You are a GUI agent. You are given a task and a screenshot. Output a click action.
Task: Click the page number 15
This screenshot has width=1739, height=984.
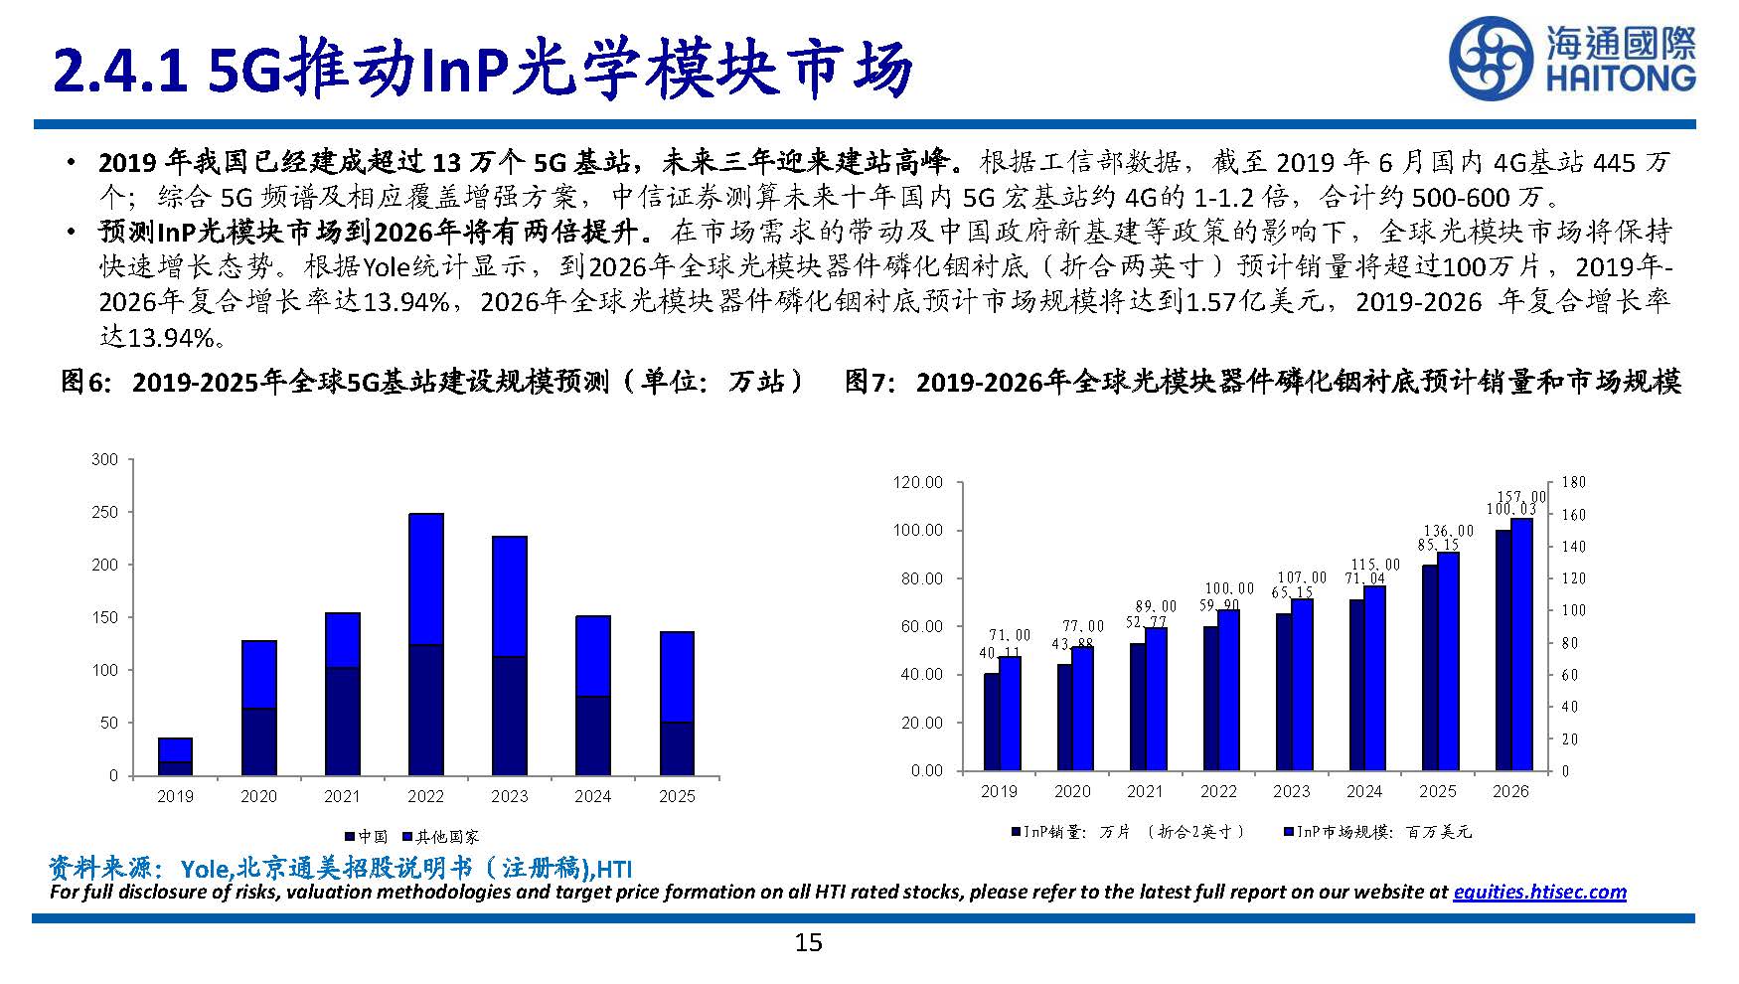point(808,942)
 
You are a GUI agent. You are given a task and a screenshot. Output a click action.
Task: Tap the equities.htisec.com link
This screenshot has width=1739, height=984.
point(1539,892)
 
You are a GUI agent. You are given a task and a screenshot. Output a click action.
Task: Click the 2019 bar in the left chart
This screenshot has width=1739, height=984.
point(175,756)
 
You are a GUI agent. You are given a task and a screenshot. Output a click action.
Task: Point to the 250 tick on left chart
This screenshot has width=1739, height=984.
point(104,512)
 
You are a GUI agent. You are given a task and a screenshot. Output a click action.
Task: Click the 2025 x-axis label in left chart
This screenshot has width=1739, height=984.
point(677,796)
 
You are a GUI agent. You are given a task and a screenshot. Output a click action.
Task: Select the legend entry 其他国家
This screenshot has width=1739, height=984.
point(440,837)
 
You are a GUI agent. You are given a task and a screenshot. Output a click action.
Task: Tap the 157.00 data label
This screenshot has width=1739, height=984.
point(1521,497)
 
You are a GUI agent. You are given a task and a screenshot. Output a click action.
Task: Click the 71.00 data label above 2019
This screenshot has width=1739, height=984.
point(1010,634)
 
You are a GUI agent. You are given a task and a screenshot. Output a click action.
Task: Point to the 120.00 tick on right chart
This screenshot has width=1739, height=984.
point(917,482)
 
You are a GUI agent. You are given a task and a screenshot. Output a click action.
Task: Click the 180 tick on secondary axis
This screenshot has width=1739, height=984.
point(1574,482)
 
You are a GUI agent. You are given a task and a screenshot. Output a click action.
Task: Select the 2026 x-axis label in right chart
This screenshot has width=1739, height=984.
point(1510,791)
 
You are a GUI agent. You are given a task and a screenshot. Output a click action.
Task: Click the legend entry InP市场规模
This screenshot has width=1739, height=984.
point(1376,832)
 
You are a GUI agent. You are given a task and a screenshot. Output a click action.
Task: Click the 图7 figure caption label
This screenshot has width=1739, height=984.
point(871,382)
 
